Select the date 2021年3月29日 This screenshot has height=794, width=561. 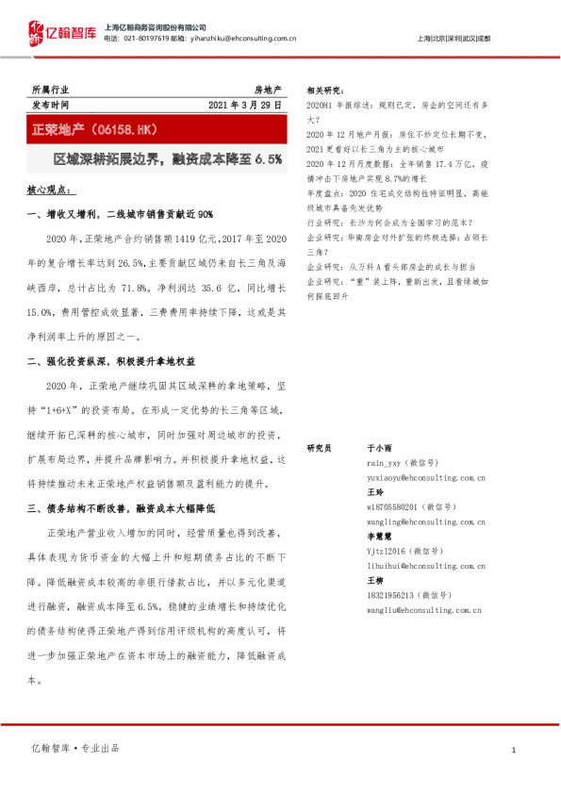click(245, 105)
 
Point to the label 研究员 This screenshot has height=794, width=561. click(320, 450)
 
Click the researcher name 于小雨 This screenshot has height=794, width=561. click(379, 450)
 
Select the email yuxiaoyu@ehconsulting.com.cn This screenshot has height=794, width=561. click(425, 478)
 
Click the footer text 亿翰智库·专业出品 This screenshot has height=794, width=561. click(75, 748)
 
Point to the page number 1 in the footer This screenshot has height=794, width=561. click(513, 750)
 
